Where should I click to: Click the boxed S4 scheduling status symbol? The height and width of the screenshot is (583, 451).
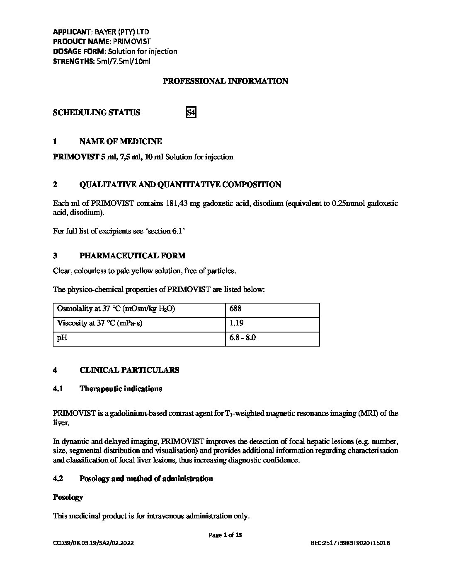[191, 112]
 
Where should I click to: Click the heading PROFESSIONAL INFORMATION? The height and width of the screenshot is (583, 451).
[225, 81]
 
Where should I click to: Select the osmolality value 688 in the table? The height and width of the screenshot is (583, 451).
[235, 309]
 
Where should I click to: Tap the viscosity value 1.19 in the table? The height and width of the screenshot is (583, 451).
[236, 323]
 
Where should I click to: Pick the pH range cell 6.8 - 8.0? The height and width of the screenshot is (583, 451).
[242, 337]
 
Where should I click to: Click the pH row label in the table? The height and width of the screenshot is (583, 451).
[62, 337]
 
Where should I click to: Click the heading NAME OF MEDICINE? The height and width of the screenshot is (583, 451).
[120, 142]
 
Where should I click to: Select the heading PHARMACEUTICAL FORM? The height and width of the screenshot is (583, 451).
[132, 255]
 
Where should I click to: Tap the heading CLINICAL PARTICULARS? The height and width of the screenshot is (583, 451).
[129, 370]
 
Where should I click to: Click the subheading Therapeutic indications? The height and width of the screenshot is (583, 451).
[120, 389]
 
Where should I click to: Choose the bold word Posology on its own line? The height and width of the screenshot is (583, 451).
[68, 497]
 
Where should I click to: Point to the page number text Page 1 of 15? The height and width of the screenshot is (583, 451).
[225, 535]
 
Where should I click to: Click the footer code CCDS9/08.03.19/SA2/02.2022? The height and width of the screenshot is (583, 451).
[93, 543]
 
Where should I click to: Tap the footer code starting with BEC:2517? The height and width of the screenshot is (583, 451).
[350, 543]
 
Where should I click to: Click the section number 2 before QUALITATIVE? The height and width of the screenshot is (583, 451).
[55, 185]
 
